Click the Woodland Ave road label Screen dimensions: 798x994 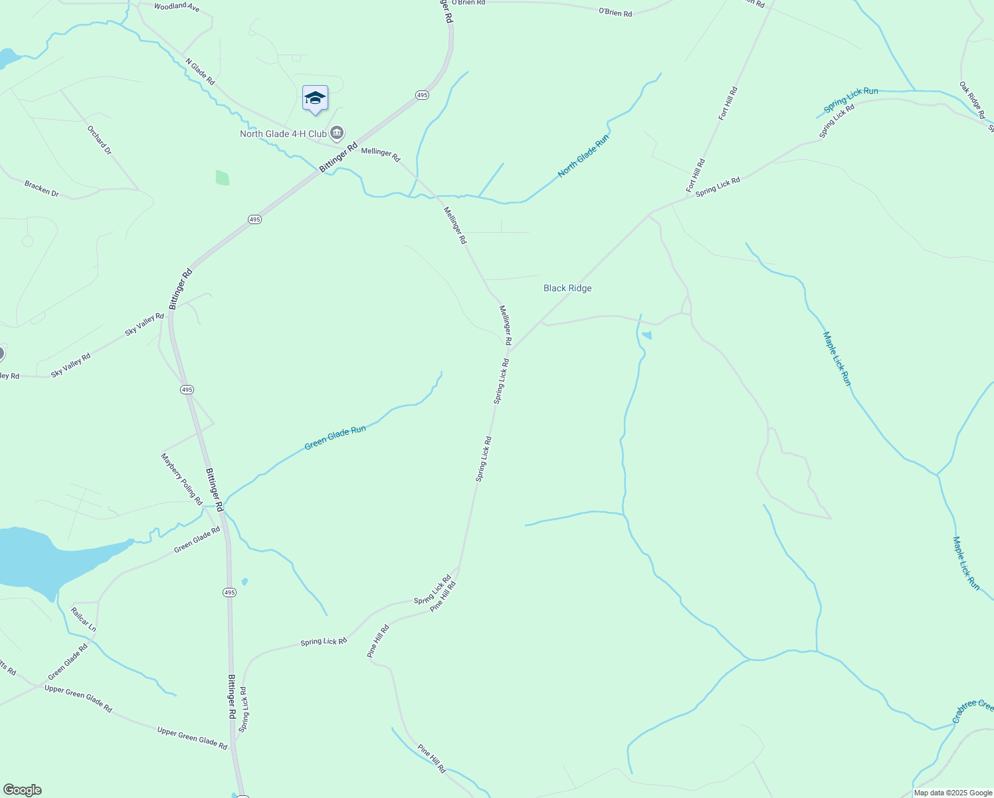click(176, 7)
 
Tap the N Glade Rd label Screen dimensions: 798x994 click(200, 71)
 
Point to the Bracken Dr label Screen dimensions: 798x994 click(42, 189)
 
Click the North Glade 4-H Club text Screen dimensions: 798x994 click(283, 134)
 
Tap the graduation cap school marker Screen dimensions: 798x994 click(315, 98)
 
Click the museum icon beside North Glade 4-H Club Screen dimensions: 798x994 click(337, 134)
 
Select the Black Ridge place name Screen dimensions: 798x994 click(567, 288)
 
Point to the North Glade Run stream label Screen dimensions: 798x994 click(583, 156)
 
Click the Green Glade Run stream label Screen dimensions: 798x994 click(335, 438)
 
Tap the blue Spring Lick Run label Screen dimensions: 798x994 click(850, 100)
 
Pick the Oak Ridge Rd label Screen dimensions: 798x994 click(972, 100)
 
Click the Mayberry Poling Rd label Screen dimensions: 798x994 click(181, 479)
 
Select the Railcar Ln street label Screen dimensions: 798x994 click(84, 619)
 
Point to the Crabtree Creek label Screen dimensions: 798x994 click(973, 710)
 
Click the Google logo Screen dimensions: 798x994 click(22, 790)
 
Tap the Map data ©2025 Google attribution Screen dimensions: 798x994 click(953, 793)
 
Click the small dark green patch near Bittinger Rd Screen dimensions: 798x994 click(223, 178)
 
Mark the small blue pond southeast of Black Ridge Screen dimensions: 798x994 click(647, 335)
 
